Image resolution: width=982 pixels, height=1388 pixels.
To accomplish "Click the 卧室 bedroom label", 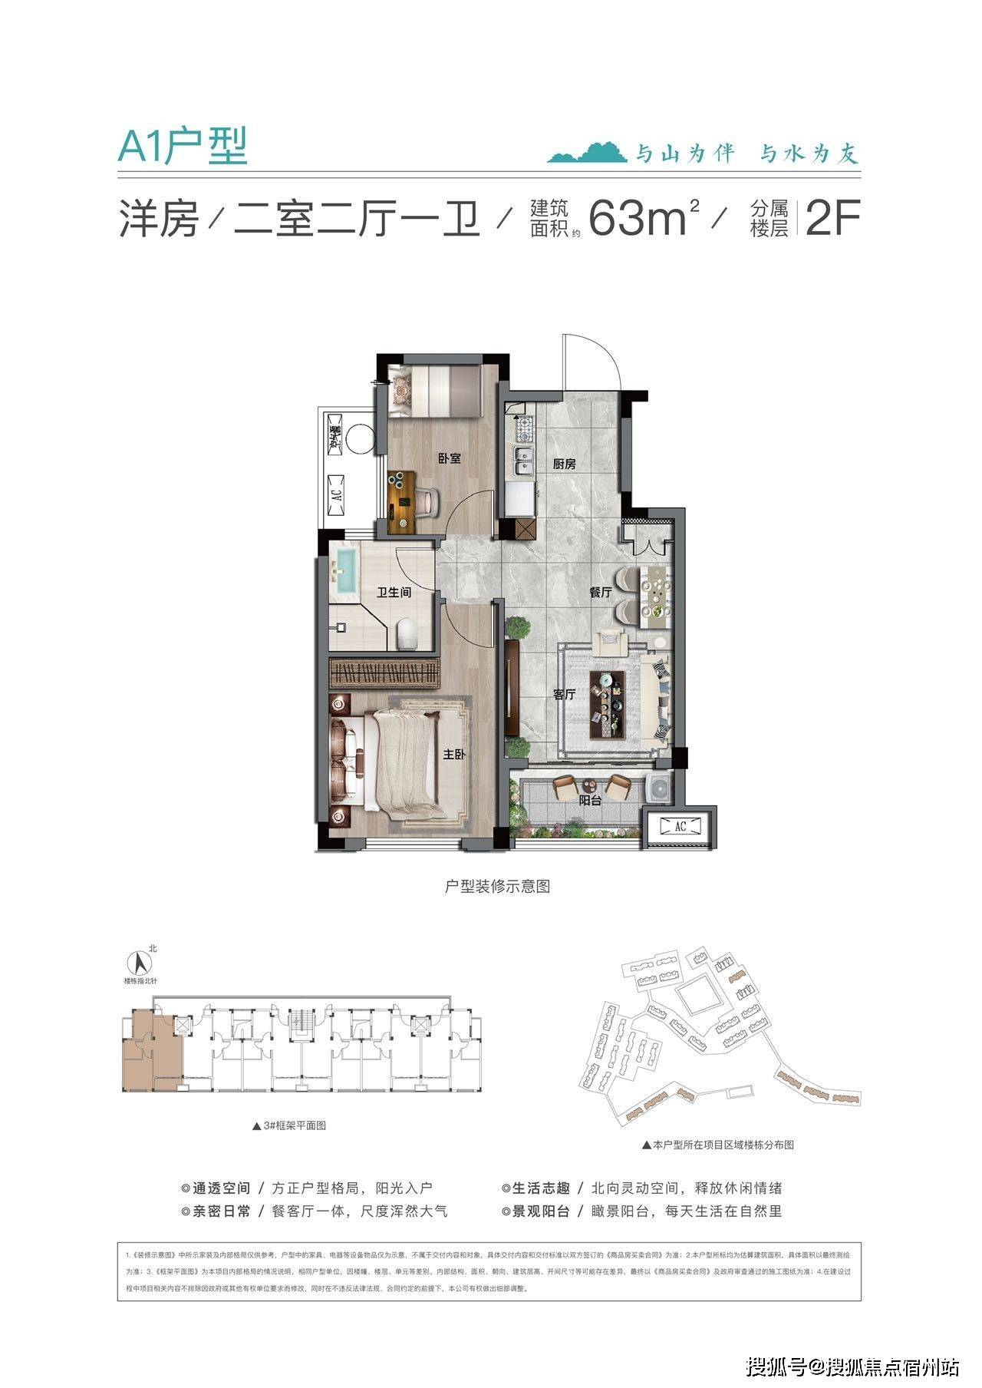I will pyautogui.click(x=450, y=458).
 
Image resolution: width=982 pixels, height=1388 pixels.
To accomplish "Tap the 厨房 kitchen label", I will pyautogui.click(x=564, y=464).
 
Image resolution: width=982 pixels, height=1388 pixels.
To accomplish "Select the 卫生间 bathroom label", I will pyautogui.click(x=394, y=593).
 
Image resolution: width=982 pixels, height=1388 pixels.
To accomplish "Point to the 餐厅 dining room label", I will pyautogui.click(x=600, y=593).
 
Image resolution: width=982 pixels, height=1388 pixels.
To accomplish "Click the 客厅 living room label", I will pyautogui.click(x=564, y=695).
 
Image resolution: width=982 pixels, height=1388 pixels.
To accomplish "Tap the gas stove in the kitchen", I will pyautogui.click(x=523, y=425).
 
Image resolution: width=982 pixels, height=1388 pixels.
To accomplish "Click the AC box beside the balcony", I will pyautogui.click(x=680, y=826).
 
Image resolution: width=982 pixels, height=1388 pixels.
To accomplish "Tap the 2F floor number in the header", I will pyautogui.click(x=832, y=218).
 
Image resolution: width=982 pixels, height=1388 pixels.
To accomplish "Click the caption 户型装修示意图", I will pyautogui.click(x=497, y=886).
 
